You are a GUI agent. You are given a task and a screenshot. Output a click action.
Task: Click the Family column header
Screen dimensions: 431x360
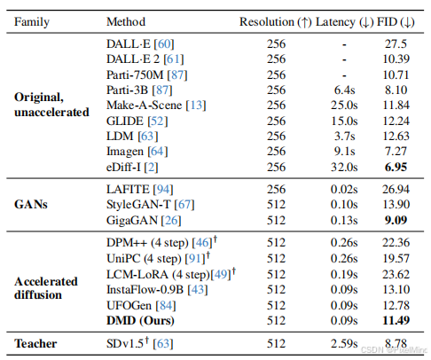32,22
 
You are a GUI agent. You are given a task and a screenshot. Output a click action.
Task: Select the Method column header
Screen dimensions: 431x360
126,21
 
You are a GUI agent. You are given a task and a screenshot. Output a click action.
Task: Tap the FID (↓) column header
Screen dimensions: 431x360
396,22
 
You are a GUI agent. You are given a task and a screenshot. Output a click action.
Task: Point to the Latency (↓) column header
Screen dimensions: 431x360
345,22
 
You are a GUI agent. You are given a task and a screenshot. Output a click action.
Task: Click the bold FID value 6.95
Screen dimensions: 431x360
396,167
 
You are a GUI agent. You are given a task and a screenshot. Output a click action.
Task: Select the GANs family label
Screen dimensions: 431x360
31,204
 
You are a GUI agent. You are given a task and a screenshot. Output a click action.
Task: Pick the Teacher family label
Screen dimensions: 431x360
35,343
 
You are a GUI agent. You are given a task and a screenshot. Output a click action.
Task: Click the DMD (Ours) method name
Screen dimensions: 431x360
140,321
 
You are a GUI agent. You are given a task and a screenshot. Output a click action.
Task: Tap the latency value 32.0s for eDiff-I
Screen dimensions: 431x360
344,167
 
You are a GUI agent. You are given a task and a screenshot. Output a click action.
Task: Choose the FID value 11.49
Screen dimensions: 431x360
396,320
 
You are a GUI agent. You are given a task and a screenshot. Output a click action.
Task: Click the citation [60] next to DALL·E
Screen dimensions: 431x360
164,44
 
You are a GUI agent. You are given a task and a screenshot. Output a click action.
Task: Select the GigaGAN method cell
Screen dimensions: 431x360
144,220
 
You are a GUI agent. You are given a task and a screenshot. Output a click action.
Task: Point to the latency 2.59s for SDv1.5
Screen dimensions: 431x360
344,343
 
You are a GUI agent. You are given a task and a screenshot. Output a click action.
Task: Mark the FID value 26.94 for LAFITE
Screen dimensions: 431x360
396,189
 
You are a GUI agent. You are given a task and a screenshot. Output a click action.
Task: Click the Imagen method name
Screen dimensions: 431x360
125,152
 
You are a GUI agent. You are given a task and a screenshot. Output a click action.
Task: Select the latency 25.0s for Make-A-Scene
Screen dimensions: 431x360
344,106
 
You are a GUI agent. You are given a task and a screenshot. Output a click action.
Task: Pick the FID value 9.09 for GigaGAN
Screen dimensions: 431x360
396,220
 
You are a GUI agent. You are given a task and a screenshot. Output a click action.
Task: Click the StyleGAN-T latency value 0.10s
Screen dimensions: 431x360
344,205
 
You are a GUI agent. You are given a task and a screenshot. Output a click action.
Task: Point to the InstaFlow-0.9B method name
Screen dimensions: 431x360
145,289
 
